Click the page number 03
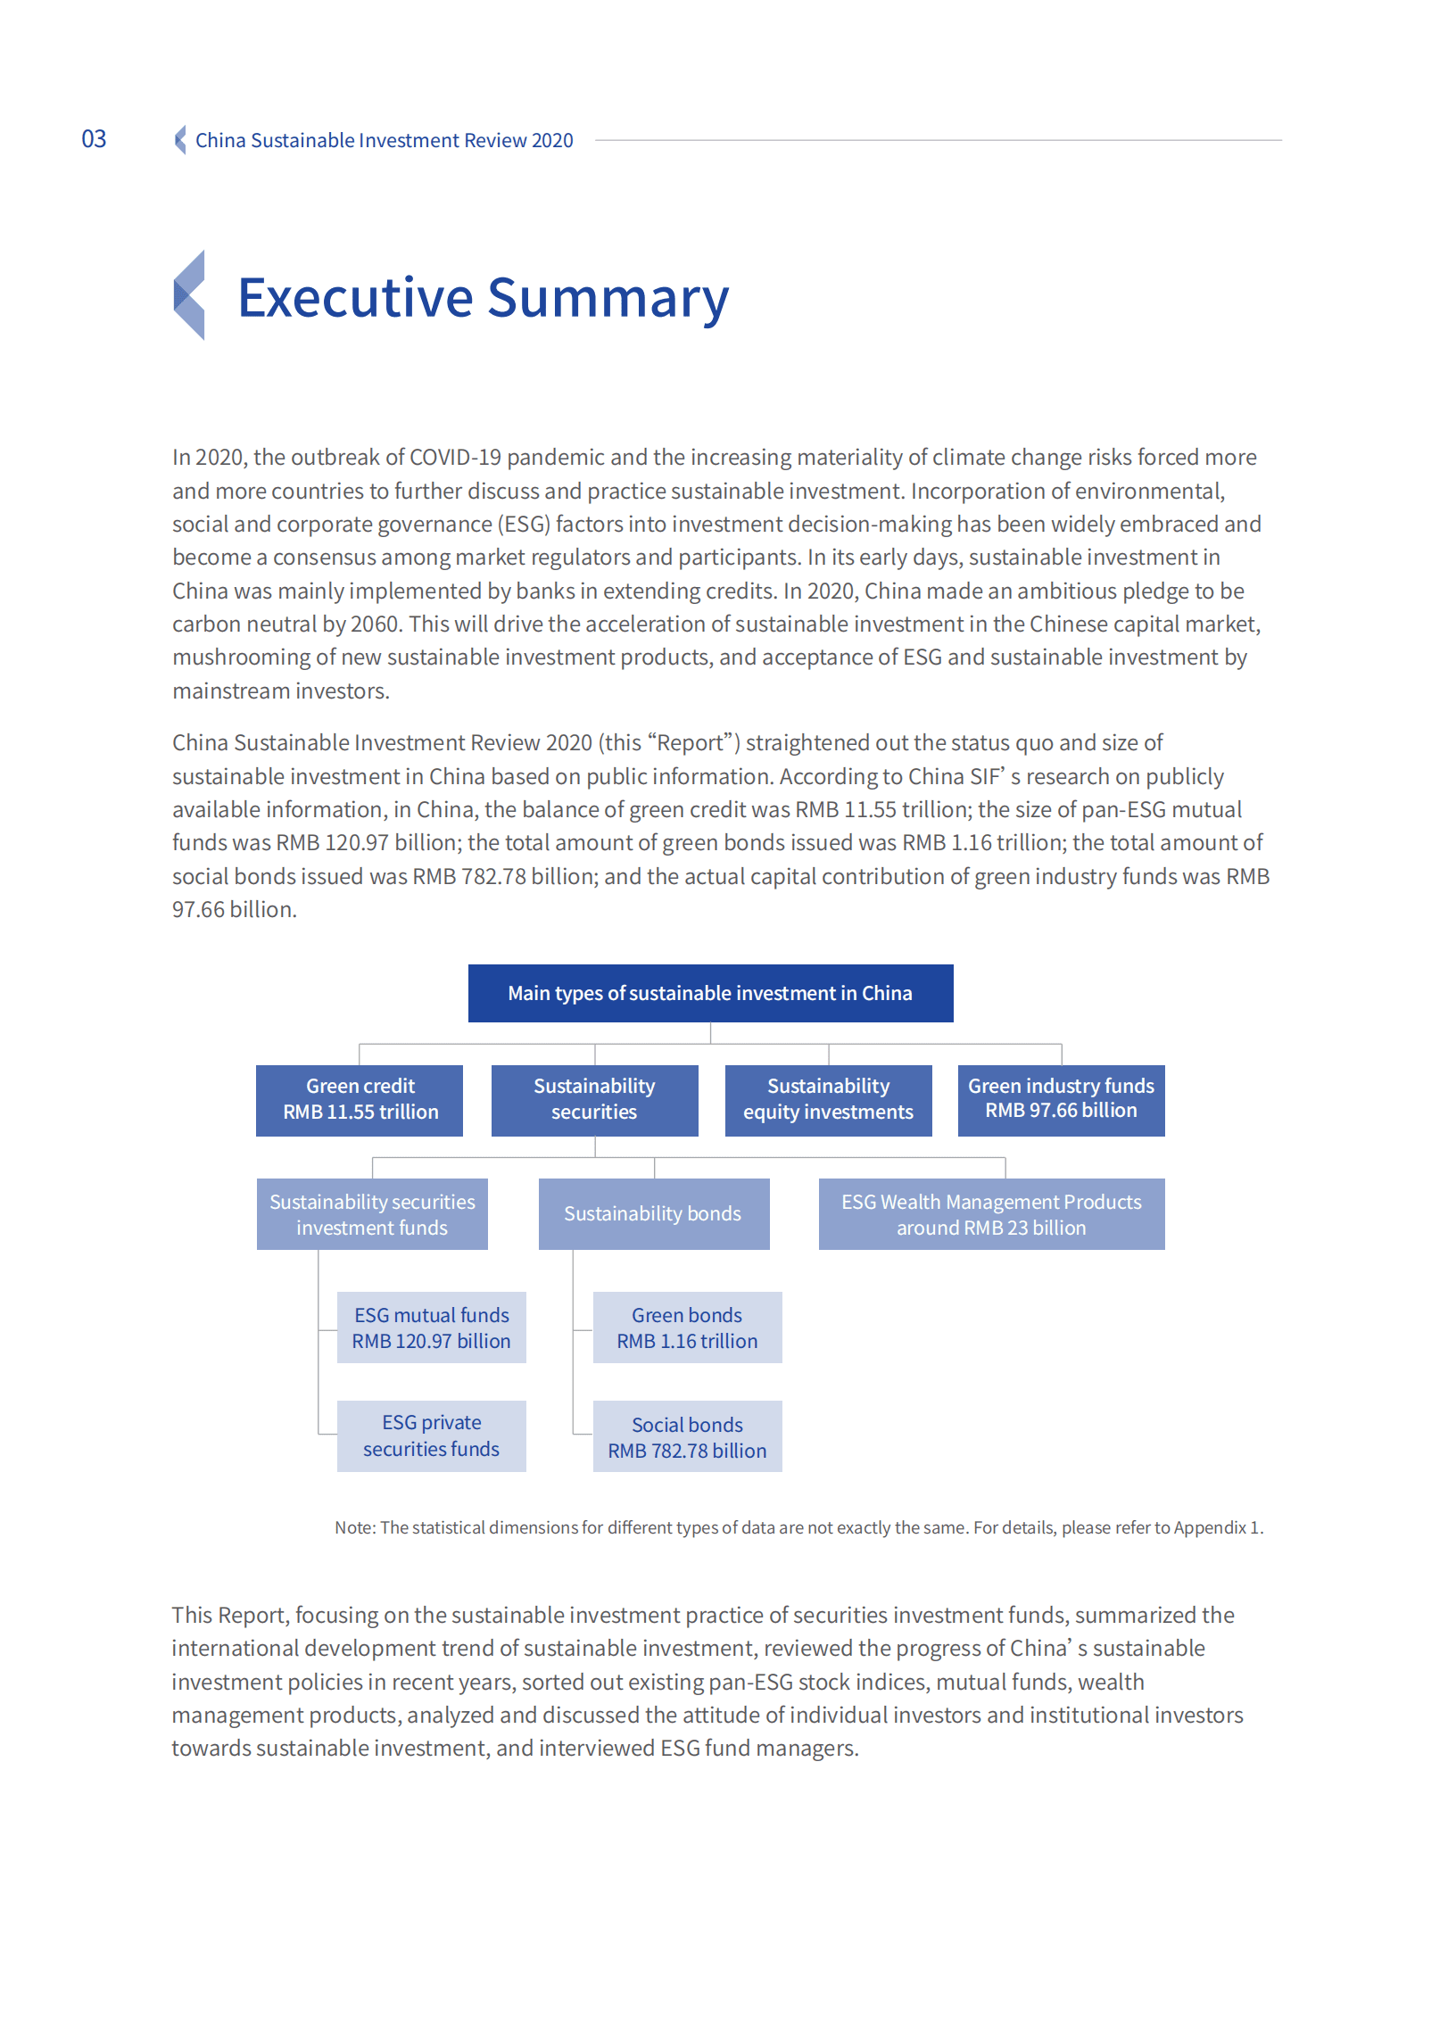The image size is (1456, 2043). [94, 139]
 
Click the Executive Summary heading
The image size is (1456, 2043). [483, 298]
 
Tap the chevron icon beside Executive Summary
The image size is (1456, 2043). [189, 295]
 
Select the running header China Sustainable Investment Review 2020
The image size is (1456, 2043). [384, 141]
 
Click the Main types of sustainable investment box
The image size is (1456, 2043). [710, 993]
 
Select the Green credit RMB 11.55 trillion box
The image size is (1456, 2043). [360, 1100]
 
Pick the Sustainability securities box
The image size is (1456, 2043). [594, 1100]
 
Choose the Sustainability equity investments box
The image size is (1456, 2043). [828, 1100]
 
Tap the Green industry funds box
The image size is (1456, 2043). [1061, 1100]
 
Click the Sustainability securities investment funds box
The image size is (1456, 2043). [372, 1214]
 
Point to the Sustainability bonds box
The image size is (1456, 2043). [654, 1214]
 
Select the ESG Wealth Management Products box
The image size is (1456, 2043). [990, 1214]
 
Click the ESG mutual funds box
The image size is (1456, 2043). [431, 1328]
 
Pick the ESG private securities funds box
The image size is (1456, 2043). [431, 1436]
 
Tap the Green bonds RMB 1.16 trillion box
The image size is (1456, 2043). [687, 1328]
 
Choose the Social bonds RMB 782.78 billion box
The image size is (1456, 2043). [687, 1436]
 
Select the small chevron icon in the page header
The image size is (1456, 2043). [180, 140]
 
